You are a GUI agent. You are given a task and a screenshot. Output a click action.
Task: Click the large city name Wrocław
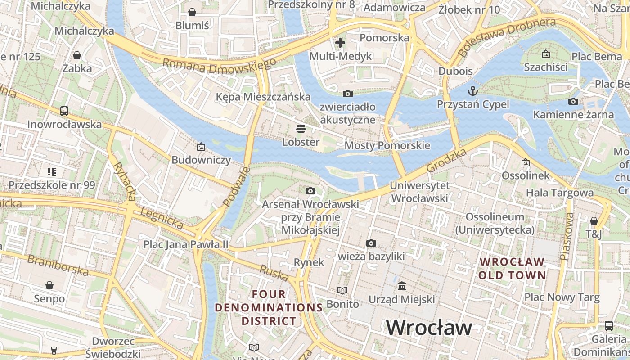click(429, 327)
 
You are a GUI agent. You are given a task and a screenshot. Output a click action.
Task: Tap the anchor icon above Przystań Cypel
click(473, 91)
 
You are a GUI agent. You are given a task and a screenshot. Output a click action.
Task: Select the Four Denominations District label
click(269, 307)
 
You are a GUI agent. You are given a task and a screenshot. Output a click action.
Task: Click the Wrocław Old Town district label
click(512, 268)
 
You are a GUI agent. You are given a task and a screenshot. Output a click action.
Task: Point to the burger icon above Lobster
click(301, 129)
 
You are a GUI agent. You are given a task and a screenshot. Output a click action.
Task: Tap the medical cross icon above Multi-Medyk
click(340, 43)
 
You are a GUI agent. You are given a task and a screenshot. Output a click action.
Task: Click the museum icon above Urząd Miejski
click(402, 286)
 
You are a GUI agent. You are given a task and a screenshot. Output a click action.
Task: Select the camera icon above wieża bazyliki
click(371, 243)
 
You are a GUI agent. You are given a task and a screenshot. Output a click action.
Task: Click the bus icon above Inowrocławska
click(64, 111)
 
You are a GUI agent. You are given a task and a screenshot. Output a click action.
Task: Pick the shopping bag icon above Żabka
click(77, 55)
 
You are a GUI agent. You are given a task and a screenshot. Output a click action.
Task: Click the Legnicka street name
click(162, 218)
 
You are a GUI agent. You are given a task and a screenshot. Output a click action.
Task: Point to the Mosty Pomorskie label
click(387, 146)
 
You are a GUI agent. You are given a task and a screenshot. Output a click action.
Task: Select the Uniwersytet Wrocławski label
click(419, 192)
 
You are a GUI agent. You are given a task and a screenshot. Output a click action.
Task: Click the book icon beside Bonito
click(343, 291)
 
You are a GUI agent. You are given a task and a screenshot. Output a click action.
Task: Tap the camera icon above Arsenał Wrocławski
click(310, 191)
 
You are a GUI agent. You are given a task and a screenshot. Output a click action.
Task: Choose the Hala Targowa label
click(560, 193)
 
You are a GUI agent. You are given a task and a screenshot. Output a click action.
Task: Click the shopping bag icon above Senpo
click(49, 285)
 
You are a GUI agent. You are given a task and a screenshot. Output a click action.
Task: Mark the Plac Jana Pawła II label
click(186, 244)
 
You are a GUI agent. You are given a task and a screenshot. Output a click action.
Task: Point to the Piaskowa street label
click(567, 236)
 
